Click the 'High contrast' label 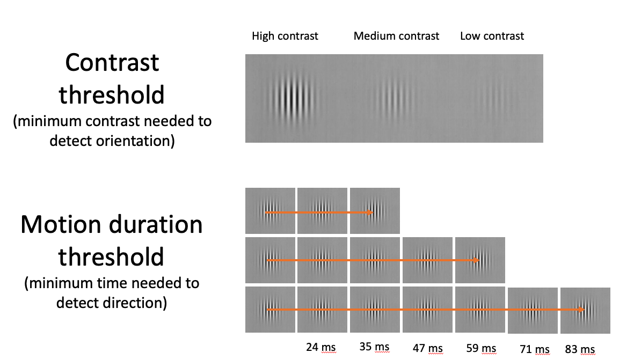[x=285, y=36]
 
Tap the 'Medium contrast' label [x=396, y=36]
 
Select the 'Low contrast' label [x=492, y=36]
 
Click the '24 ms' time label [x=320, y=347]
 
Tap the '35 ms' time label [x=374, y=347]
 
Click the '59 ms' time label [x=482, y=349]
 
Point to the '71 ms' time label [x=535, y=350]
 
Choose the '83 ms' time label [x=580, y=350]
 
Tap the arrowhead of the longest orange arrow [x=581, y=310]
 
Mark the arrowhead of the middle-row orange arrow [x=475, y=261]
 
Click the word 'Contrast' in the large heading [x=112, y=63]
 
